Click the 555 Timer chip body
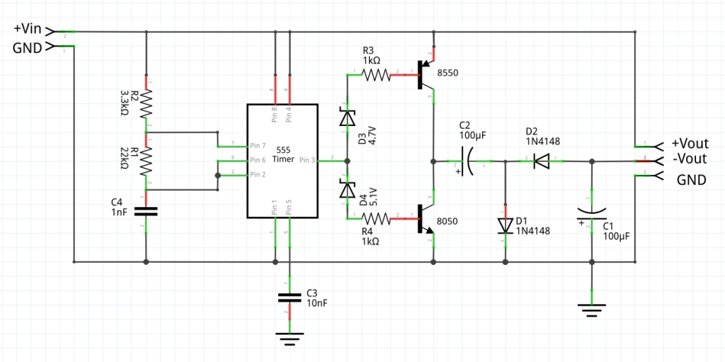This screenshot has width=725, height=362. pyautogui.click(x=282, y=161)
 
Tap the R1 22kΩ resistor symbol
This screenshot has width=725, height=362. pyautogui.click(x=146, y=161)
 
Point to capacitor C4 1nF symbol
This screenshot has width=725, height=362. pyautogui.click(x=146, y=210)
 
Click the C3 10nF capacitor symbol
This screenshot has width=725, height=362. pyautogui.click(x=290, y=298)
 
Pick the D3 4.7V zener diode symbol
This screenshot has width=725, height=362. pyautogui.click(x=347, y=118)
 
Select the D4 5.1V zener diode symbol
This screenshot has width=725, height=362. pyautogui.click(x=347, y=189)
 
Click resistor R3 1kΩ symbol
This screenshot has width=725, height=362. pyautogui.click(x=377, y=74)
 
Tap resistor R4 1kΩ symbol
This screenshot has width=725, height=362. pyautogui.click(x=377, y=218)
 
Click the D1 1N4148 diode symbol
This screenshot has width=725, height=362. pyautogui.click(x=505, y=225)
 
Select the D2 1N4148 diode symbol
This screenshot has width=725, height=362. pyautogui.click(x=542, y=162)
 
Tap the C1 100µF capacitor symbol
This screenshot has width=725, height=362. pyautogui.click(x=592, y=213)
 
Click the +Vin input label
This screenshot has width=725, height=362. pyautogui.click(x=28, y=29)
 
